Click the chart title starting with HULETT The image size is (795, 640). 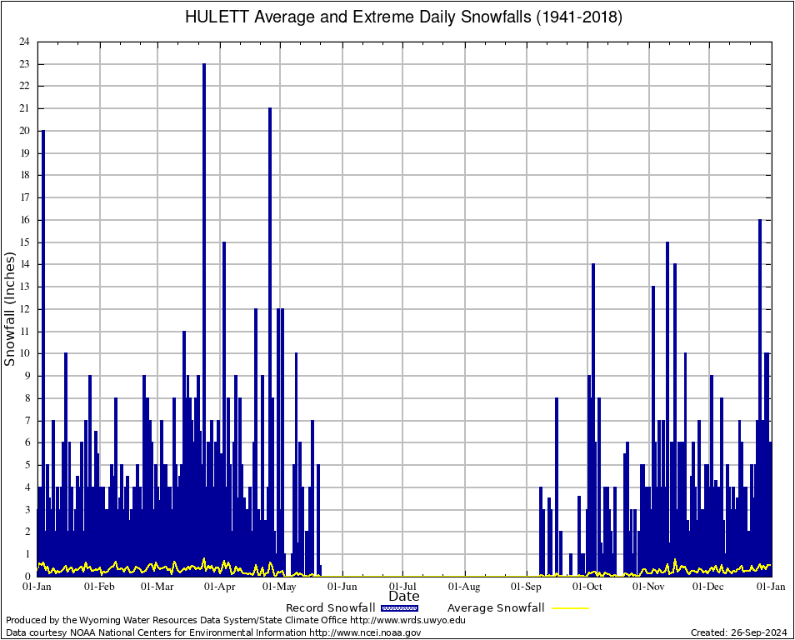[403, 17]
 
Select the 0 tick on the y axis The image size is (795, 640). [27, 576]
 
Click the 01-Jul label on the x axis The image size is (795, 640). [402, 587]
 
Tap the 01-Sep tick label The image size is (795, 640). [526, 587]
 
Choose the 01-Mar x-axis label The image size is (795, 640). [157, 587]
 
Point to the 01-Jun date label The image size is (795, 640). [342, 587]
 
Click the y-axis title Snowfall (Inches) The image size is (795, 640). [11, 309]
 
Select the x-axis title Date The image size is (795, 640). [404, 597]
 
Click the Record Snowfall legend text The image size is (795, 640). [330, 608]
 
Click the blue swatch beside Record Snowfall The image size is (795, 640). [399, 608]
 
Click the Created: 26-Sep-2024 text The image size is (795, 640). [738, 632]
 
